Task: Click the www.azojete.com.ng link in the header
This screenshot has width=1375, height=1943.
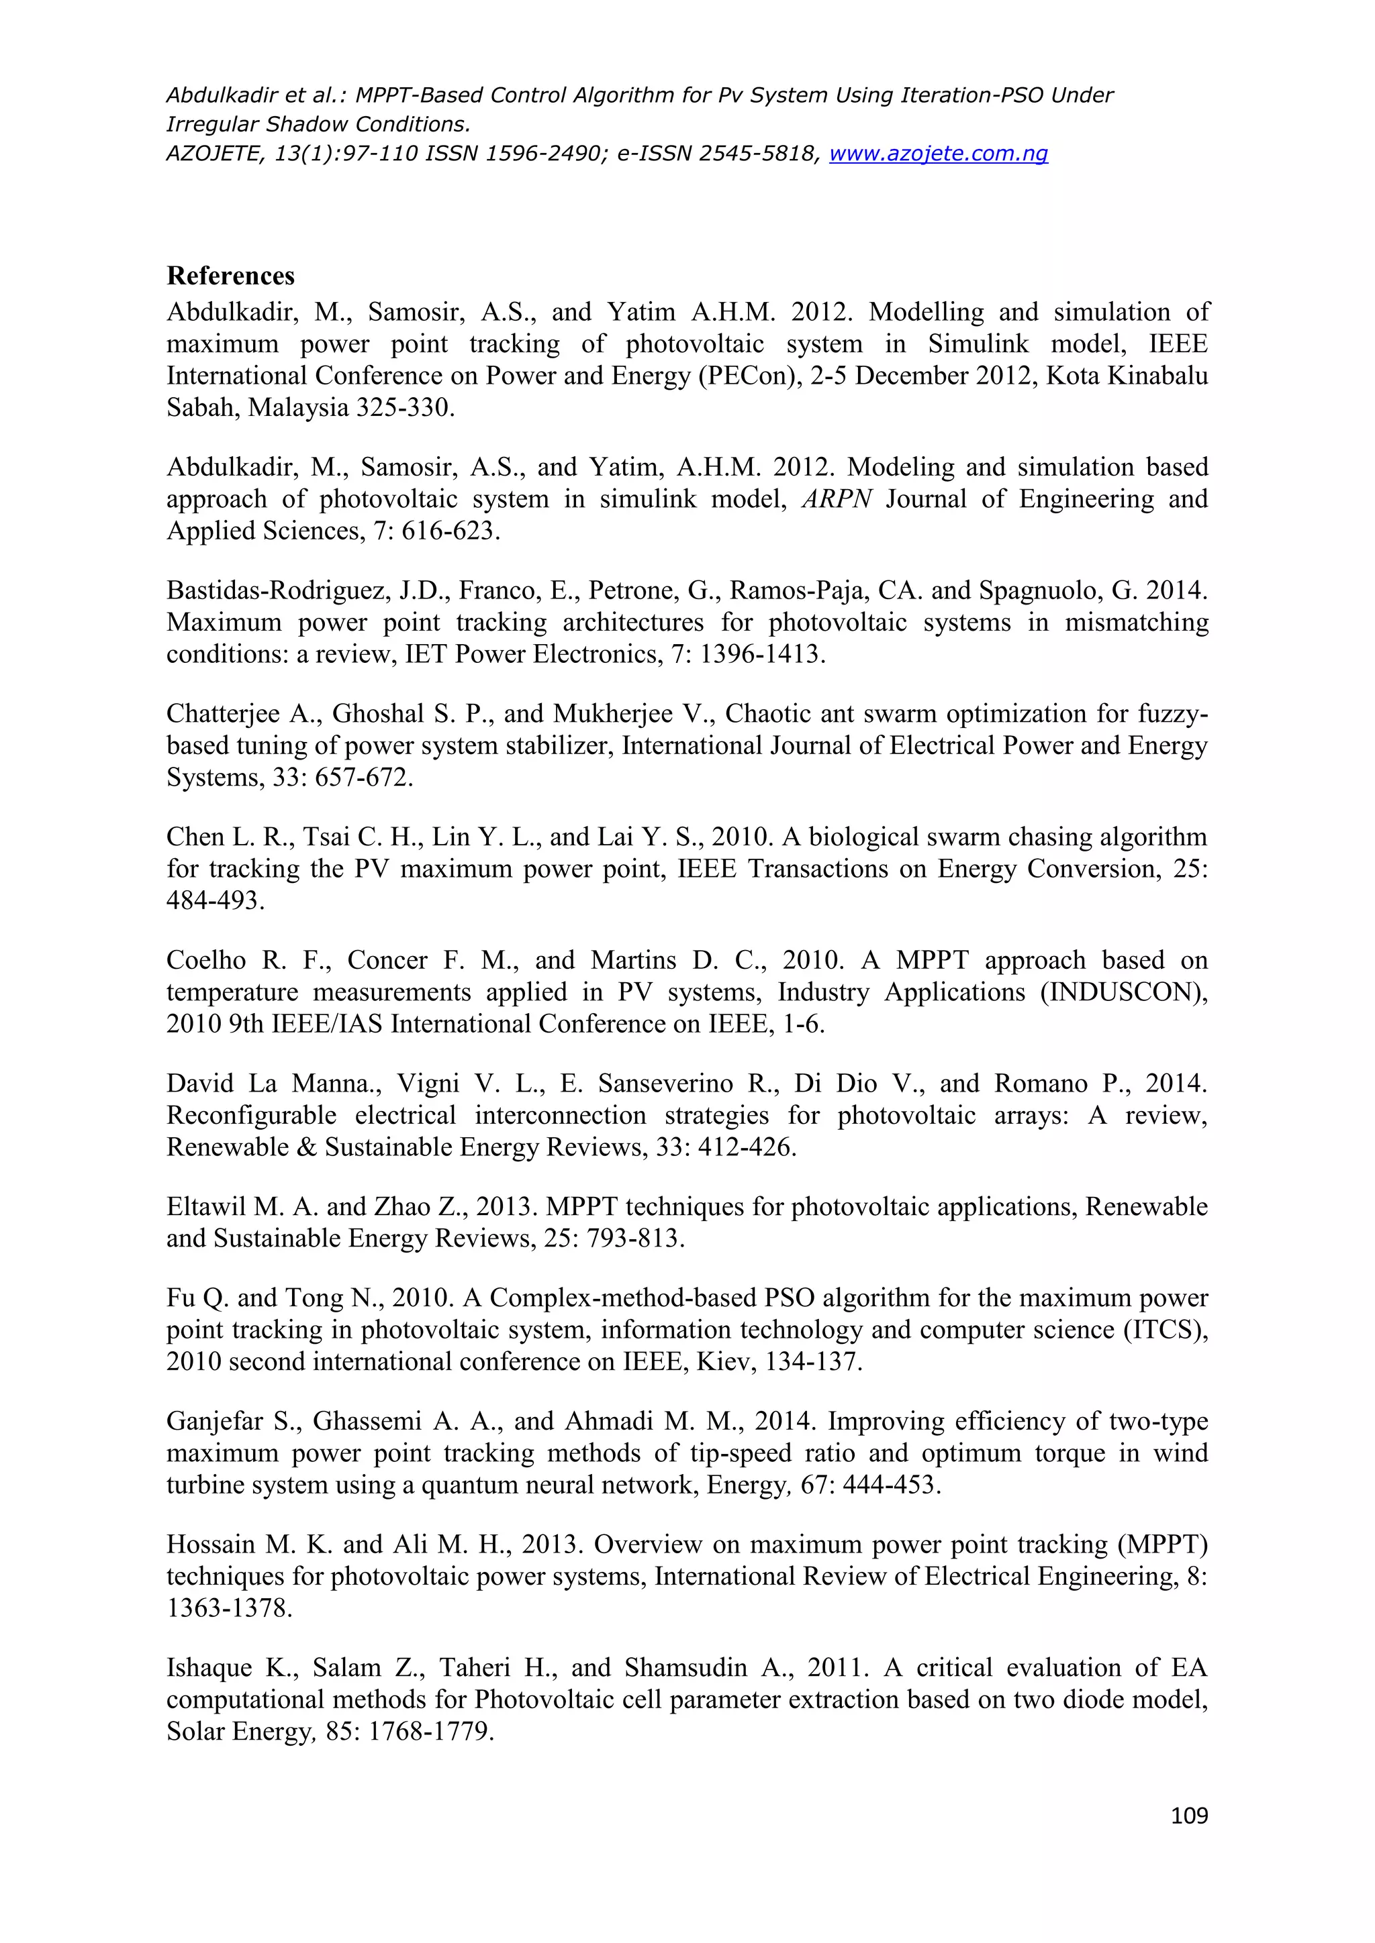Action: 938,153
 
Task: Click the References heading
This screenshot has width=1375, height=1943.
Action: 230,276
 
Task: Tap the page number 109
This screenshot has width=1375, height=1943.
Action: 1190,1816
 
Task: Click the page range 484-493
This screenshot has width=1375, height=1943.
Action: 215,900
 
